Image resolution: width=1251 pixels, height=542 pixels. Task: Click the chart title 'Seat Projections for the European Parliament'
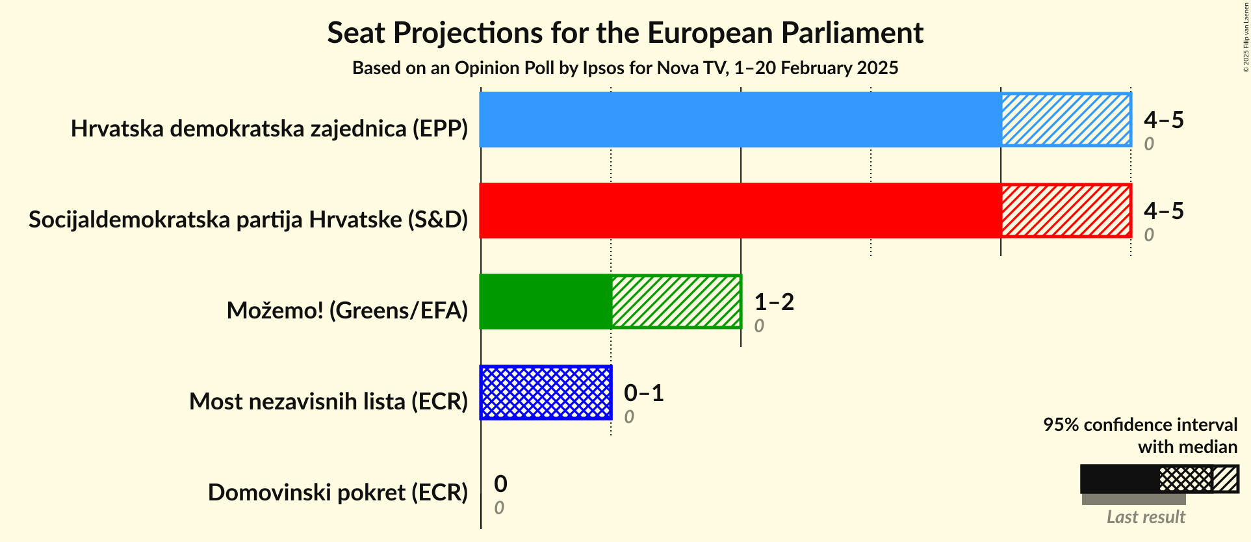click(x=625, y=32)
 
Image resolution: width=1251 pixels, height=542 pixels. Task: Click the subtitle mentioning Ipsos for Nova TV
click(x=625, y=68)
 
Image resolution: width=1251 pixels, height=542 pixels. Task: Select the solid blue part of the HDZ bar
click(x=740, y=120)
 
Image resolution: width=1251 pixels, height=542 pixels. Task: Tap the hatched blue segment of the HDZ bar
click(x=1066, y=120)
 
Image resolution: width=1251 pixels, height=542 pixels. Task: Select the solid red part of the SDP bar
click(x=740, y=211)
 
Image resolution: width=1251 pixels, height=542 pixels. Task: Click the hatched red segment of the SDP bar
click(x=1066, y=211)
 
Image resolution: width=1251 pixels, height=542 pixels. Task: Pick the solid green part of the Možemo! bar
click(x=545, y=302)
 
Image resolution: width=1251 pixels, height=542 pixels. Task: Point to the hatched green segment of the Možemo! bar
click(x=676, y=302)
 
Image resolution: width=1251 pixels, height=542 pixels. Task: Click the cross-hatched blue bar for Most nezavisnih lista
click(x=545, y=393)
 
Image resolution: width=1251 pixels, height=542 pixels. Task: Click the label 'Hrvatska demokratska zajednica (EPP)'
click(x=269, y=129)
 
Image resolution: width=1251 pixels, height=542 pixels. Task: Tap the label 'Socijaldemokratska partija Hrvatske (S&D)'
click(x=248, y=220)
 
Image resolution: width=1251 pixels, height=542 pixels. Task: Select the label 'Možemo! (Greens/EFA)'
click(x=347, y=311)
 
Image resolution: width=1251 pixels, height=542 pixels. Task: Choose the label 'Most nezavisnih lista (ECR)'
click(x=328, y=402)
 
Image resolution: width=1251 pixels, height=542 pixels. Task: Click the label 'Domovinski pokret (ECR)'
click(x=337, y=493)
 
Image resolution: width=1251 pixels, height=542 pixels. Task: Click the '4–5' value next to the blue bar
click(x=1163, y=120)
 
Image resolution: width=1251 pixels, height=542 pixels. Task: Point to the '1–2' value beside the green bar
click(x=773, y=302)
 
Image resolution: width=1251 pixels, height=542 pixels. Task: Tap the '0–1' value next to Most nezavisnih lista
click(x=643, y=393)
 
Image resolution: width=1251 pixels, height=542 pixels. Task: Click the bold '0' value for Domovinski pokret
click(x=500, y=484)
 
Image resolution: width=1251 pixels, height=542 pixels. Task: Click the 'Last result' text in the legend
click(x=1145, y=517)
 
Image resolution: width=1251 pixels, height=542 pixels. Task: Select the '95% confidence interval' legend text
click(x=1140, y=425)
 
